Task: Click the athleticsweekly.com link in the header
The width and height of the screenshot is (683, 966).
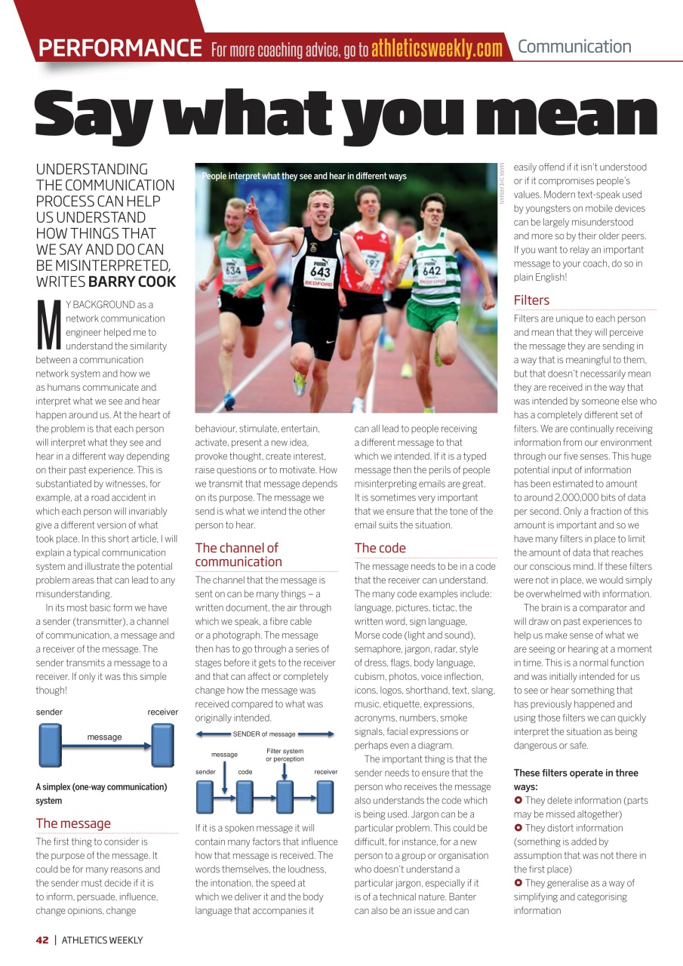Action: [436, 49]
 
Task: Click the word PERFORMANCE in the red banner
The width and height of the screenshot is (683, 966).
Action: [120, 48]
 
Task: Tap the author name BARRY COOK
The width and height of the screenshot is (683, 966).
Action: [132, 281]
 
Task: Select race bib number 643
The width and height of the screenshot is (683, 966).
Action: [321, 272]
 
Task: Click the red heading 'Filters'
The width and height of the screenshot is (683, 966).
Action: [531, 300]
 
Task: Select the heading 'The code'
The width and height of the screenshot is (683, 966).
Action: [380, 548]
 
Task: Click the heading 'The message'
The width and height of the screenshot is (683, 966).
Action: [73, 823]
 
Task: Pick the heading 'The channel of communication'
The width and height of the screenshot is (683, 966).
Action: [238, 555]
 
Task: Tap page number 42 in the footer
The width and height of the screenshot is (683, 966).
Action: [42, 940]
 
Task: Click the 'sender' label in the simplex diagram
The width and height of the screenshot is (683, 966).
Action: [49, 712]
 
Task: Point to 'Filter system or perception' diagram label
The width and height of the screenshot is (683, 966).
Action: [285, 755]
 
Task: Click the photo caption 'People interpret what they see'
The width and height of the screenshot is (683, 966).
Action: [304, 176]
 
